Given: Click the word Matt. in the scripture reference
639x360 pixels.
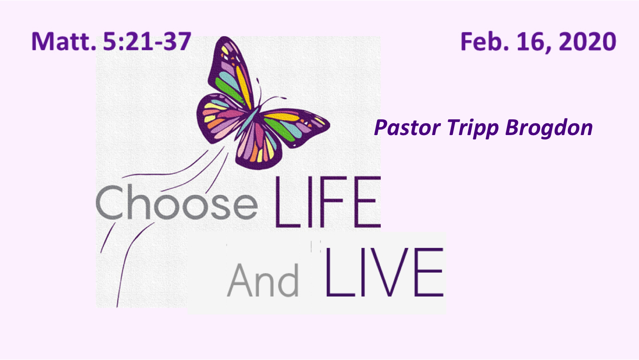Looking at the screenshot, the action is click(x=63, y=41).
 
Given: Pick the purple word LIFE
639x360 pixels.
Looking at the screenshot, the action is click(x=328, y=202).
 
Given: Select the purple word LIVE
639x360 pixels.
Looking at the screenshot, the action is click(x=384, y=272).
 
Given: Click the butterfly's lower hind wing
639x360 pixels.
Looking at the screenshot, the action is click(x=258, y=148).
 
